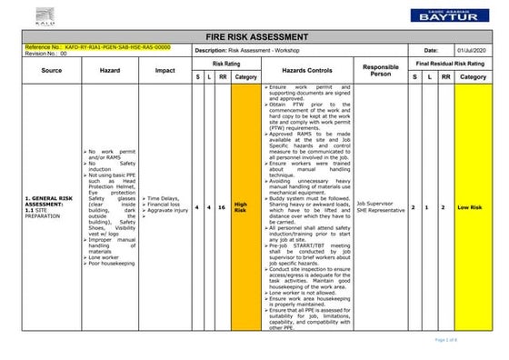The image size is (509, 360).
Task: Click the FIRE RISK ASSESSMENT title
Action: pos(254,35)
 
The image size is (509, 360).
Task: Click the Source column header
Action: pos(51,69)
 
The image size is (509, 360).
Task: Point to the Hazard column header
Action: pos(110,69)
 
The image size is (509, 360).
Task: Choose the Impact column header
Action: pos(165,69)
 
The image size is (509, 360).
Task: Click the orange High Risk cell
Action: pos(241,207)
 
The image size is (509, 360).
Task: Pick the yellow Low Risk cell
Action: pos(472,207)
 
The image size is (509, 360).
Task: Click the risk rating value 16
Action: pos(223,207)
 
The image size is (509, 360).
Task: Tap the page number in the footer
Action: pos(472,339)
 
